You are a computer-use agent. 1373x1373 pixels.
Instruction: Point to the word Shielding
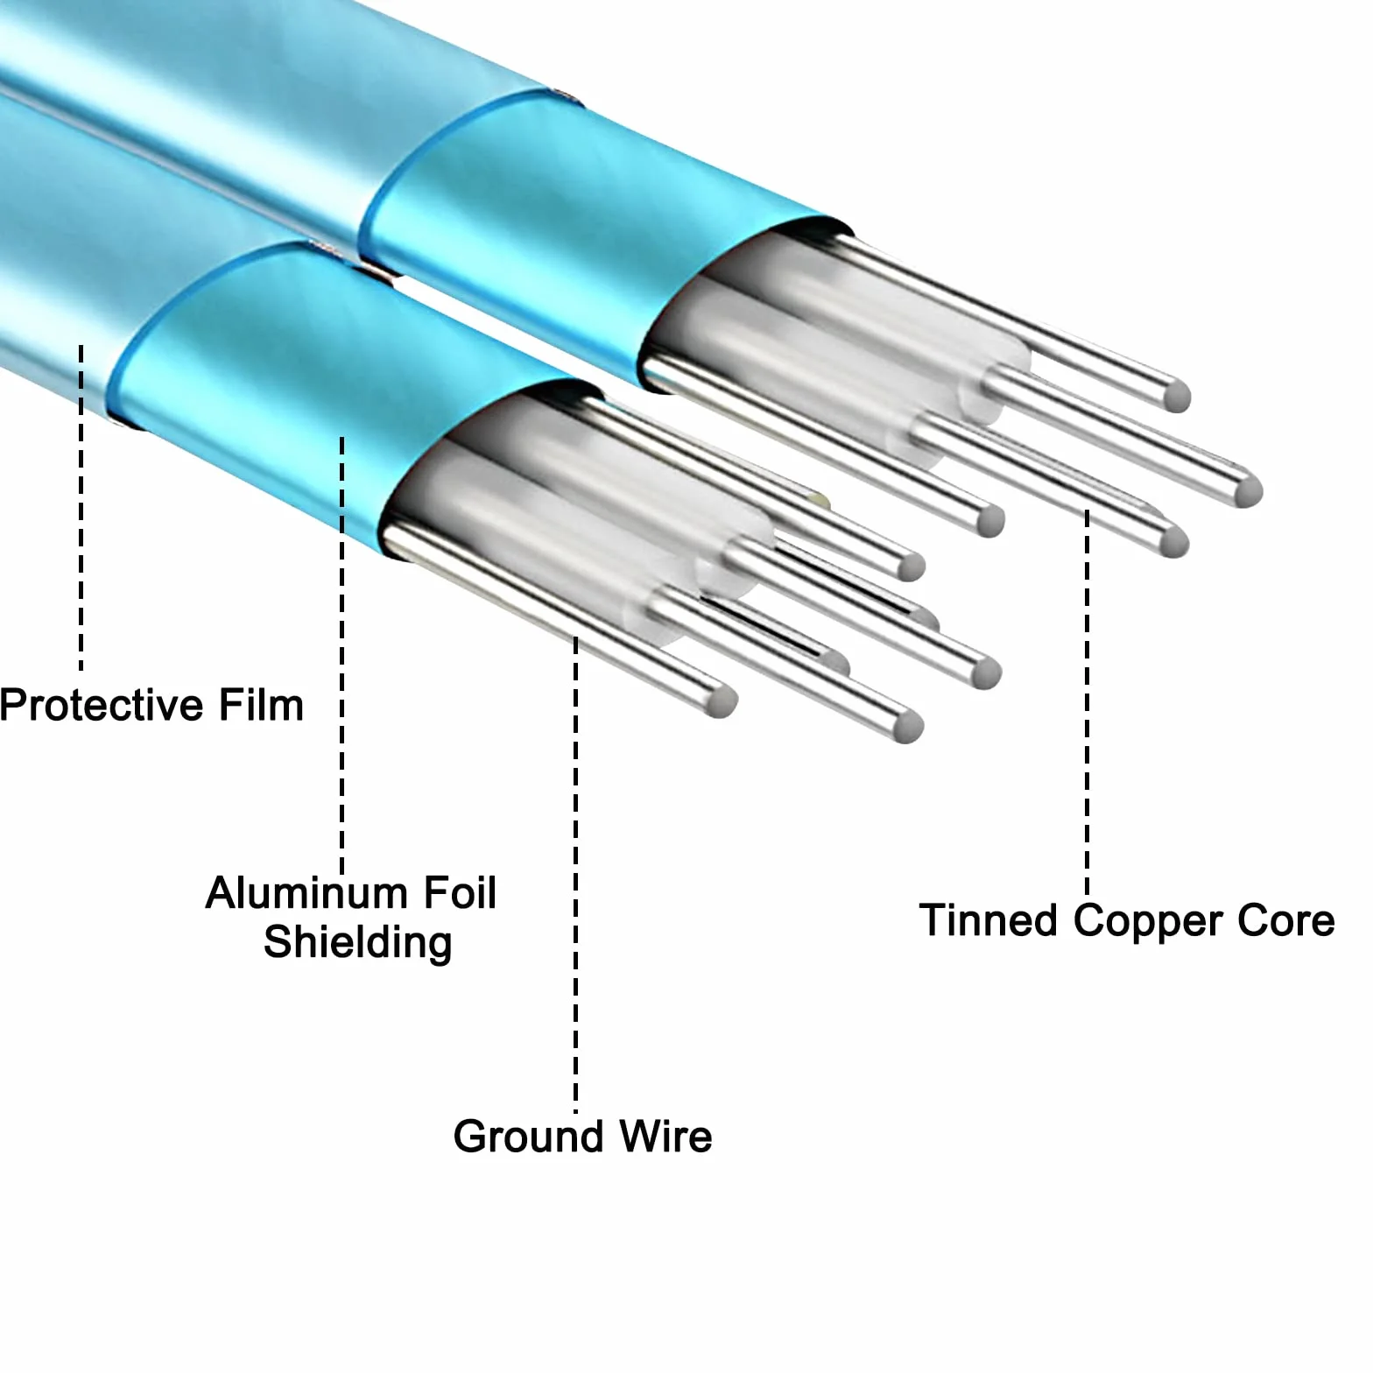(358, 943)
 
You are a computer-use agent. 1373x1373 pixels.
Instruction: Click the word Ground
(529, 1137)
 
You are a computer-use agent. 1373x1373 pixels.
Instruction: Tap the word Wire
(665, 1137)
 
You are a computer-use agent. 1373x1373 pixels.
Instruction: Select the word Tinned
(989, 921)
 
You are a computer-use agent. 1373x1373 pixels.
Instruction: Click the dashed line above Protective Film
(81, 508)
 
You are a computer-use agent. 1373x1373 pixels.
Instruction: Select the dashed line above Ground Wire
(575, 876)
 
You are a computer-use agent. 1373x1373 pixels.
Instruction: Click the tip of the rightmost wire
(1249, 491)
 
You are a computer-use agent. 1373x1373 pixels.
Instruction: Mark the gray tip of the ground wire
(722, 701)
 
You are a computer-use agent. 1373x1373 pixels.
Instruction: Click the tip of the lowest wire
(908, 726)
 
